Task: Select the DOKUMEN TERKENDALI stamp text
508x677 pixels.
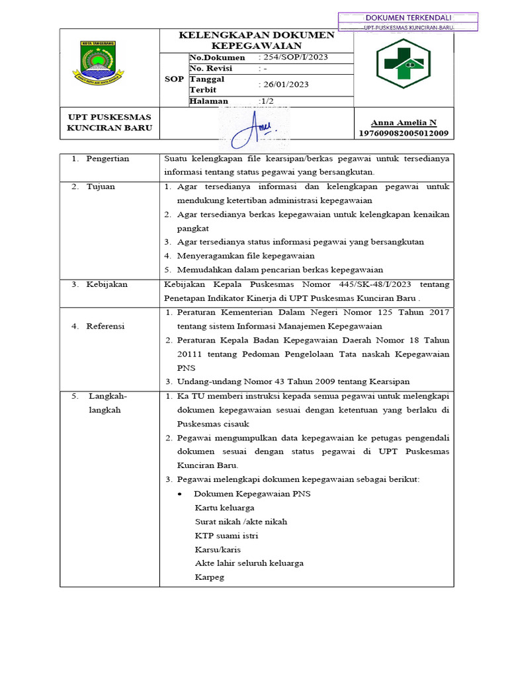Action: click(407, 17)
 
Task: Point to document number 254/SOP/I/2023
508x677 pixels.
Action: click(293, 58)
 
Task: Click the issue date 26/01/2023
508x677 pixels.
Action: click(284, 85)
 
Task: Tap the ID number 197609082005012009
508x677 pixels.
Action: click(403, 133)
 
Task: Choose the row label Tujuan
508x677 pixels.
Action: click(101, 186)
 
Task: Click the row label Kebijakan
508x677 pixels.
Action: click(106, 284)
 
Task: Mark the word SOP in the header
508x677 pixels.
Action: click(174, 79)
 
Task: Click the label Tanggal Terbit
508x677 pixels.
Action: click(207, 85)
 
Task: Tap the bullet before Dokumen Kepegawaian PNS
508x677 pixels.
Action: click(181, 494)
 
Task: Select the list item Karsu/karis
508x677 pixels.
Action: click(218, 549)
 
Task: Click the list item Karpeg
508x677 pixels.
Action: click(210, 577)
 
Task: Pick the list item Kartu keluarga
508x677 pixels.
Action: click(225, 508)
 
